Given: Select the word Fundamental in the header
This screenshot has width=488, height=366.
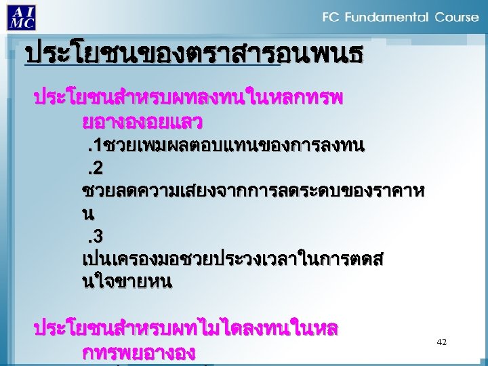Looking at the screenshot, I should (x=387, y=17).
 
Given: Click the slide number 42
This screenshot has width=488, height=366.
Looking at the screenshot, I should (x=442, y=343).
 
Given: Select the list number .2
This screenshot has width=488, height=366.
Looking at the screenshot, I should (x=94, y=168).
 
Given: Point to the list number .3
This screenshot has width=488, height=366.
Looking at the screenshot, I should (x=94, y=237).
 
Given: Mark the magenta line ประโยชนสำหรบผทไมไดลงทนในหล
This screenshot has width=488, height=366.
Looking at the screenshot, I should (x=186, y=330).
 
